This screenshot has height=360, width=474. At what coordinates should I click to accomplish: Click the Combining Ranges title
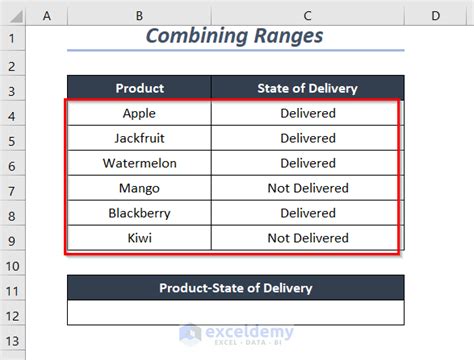(235, 35)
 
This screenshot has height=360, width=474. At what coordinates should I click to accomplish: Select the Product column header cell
(139, 87)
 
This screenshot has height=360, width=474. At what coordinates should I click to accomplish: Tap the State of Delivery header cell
(307, 87)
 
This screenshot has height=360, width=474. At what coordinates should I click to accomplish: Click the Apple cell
(139, 113)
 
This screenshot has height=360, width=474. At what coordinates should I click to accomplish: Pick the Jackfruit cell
(139, 138)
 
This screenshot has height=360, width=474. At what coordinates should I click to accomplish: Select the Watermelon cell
(139, 163)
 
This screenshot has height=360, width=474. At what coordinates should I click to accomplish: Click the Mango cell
(139, 188)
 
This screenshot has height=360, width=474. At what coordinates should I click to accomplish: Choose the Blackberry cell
(139, 213)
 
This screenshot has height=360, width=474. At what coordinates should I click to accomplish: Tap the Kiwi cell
(139, 238)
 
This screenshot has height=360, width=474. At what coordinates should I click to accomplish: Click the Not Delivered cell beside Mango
(307, 188)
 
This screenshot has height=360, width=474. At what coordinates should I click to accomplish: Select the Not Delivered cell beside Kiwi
(307, 238)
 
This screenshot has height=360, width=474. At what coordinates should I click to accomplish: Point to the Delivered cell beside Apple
(307, 113)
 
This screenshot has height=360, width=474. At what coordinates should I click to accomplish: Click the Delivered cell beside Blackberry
(307, 213)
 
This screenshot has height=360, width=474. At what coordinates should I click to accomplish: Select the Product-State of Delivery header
(235, 288)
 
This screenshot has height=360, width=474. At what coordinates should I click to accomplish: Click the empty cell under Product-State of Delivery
(235, 314)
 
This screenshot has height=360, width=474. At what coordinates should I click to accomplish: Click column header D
(436, 15)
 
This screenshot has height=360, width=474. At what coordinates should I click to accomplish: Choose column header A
(48, 15)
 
